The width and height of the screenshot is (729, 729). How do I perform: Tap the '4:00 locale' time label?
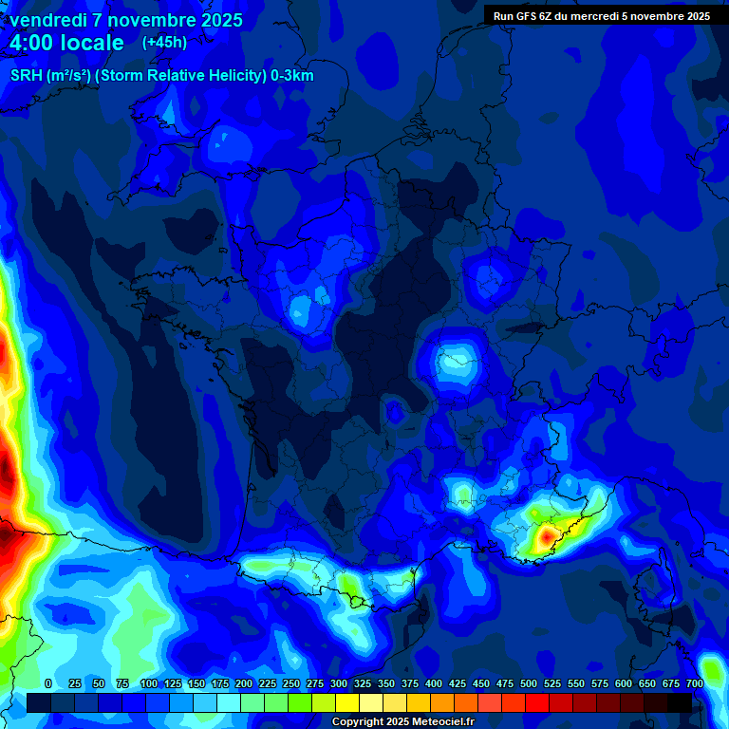[67, 43]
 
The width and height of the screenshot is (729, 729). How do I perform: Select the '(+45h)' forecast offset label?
[164, 42]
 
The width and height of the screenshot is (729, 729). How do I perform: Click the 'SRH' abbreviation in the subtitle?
[26, 76]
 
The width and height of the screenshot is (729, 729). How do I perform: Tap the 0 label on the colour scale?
[48, 683]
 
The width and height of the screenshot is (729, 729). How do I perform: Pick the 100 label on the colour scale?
[149, 683]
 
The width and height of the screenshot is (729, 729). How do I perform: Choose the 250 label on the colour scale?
[291, 683]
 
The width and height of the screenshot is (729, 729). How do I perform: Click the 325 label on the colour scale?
[363, 683]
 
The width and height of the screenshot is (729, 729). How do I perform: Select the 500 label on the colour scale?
[529, 683]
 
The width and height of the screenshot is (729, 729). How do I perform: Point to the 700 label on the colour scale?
[694, 683]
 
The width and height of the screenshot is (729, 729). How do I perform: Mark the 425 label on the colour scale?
[458, 683]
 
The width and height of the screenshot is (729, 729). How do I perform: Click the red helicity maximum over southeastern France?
[546, 538]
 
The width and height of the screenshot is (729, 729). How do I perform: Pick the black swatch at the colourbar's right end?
[680, 702]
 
